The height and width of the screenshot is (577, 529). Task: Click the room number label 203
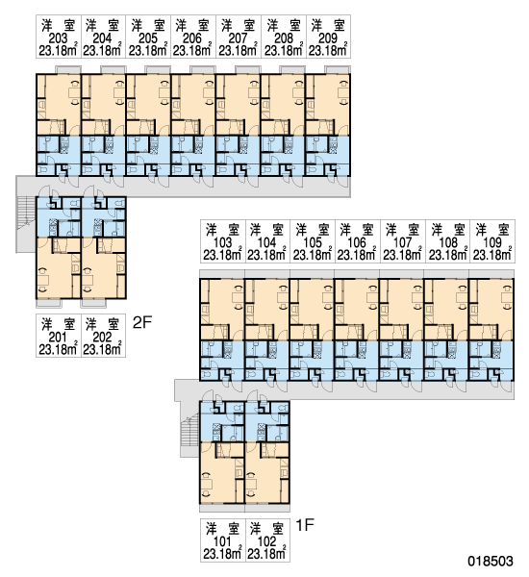click(x=58, y=38)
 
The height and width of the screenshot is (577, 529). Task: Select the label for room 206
click(x=192, y=38)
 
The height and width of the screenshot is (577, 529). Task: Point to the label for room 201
click(x=58, y=337)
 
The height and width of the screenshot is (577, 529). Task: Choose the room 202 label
click(x=102, y=337)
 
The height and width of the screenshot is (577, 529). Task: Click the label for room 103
click(x=223, y=242)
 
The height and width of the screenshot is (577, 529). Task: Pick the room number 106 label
click(x=357, y=242)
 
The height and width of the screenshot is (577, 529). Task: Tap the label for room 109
click(x=492, y=242)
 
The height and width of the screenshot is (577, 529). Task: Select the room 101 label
click(x=222, y=541)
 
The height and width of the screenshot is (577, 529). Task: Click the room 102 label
click(x=266, y=541)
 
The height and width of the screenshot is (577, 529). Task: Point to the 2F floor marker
click(x=142, y=323)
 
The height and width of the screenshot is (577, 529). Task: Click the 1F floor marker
click(x=305, y=525)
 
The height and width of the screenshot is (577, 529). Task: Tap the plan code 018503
click(x=491, y=562)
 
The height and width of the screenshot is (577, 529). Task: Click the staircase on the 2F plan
click(x=26, y=224)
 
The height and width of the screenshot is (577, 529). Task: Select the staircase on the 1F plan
click(x=189, y=430)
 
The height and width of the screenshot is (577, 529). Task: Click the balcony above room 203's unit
click(x=68, y=69)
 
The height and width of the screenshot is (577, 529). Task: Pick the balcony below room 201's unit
click(x=49, y=304)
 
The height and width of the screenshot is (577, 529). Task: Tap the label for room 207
click(x=238, y=38)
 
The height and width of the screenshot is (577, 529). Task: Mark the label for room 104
click(x=266, y=242)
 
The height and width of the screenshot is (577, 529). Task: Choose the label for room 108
click(x=448, y=242)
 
